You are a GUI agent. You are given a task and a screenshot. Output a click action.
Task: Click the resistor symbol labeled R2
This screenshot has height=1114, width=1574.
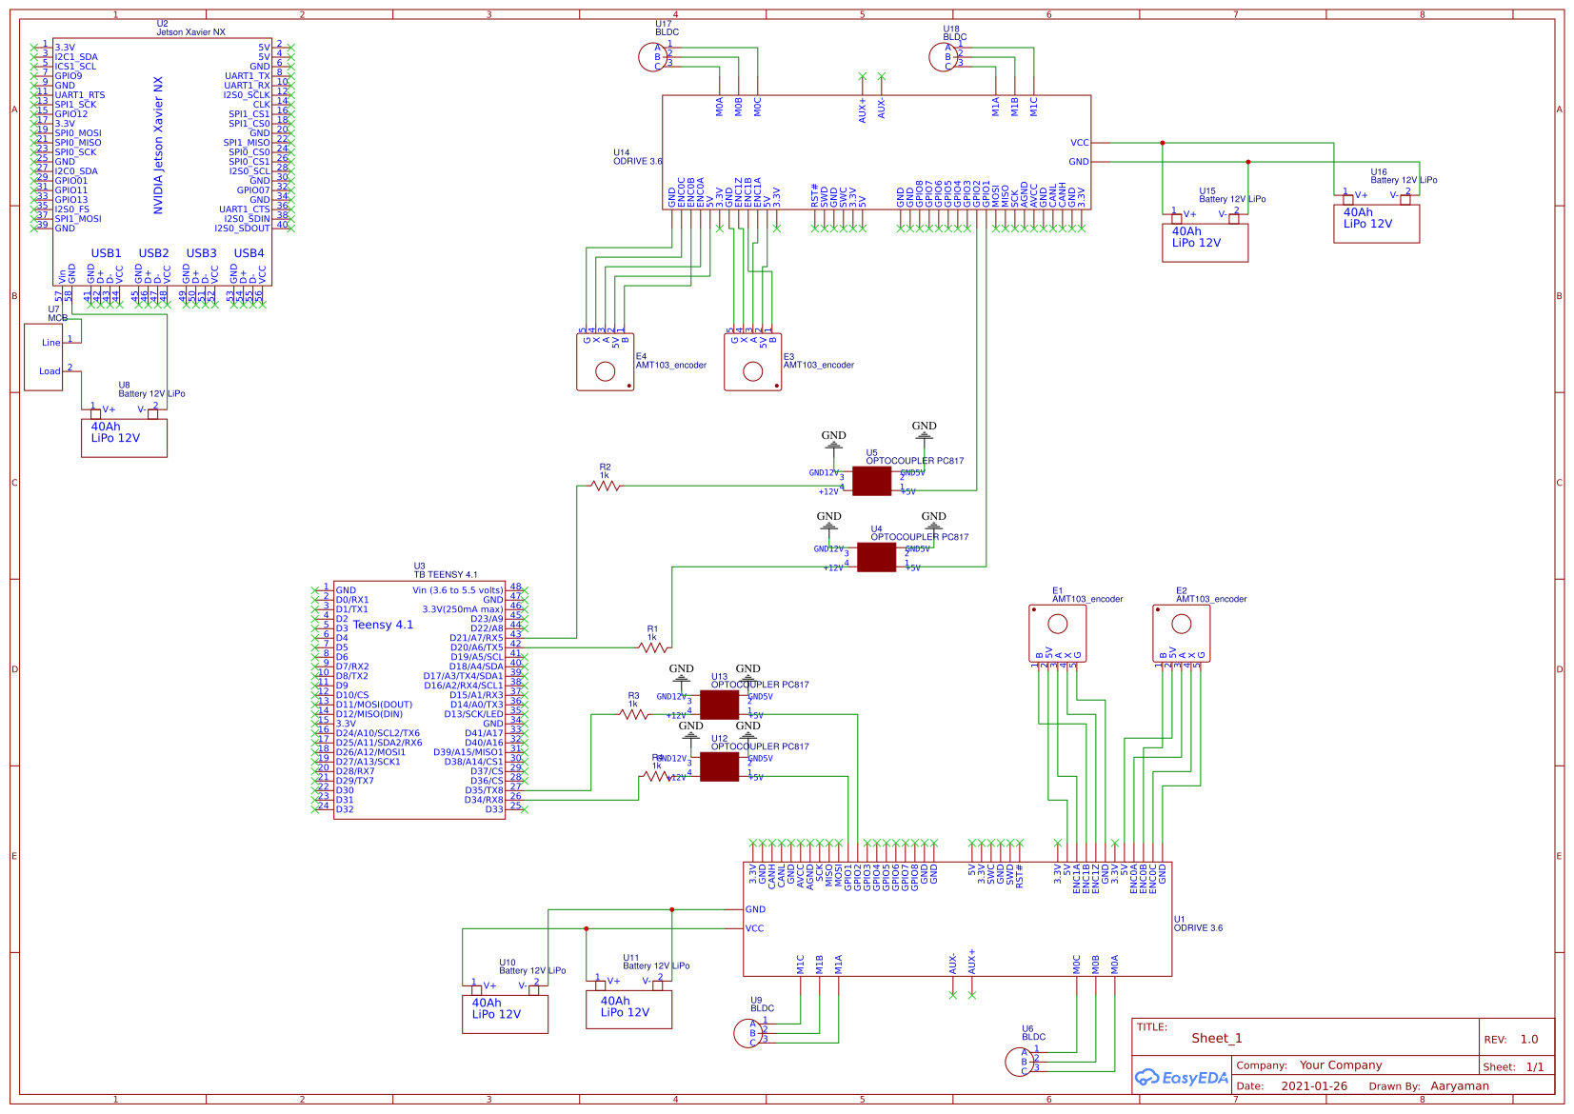pos(606,486)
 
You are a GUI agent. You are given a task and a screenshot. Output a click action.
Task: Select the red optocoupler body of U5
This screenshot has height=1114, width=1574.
pos(871,481)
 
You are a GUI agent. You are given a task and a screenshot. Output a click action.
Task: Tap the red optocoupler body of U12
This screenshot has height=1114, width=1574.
pos(719,766)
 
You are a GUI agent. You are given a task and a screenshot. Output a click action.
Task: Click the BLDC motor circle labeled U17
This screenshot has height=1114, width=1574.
pos(651,57)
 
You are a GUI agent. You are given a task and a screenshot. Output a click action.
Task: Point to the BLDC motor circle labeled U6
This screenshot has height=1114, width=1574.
pos(1018,1061)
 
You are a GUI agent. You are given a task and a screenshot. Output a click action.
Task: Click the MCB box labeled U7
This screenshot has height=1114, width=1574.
pos(44,357)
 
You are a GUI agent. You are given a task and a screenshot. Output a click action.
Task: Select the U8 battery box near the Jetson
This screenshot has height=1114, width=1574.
pos(124,437)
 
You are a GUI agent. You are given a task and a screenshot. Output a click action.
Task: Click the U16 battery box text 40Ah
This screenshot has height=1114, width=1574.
pos(1358,212)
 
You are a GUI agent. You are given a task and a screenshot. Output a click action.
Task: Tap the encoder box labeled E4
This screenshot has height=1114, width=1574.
pos(605,363)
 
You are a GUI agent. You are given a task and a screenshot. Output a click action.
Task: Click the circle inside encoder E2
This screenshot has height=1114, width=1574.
pos(1182,624)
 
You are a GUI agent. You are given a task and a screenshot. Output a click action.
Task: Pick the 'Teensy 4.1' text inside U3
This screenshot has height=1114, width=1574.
pos(383,625)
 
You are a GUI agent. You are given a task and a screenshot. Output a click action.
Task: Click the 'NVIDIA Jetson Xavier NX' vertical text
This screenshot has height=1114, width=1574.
pos(158,145)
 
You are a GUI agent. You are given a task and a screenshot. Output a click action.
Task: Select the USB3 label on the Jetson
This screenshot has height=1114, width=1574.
pos(201,253)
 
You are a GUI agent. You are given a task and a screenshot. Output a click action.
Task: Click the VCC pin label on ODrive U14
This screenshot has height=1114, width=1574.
pos(1079,143)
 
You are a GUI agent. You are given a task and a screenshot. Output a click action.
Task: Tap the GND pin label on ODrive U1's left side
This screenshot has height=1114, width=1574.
pos(755,909)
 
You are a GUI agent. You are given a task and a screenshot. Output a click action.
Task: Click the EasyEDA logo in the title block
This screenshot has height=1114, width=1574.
pos(1181,1078)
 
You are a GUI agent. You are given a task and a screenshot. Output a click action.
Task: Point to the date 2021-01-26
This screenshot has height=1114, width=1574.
pos(1313,1085)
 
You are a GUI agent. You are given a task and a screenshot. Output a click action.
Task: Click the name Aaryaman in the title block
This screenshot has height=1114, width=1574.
pos(1459,1085)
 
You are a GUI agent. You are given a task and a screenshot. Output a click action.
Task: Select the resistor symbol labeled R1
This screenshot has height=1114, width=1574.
pos(653,647)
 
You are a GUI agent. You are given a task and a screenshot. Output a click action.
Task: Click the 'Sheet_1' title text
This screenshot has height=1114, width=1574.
pos(1216,1038)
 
